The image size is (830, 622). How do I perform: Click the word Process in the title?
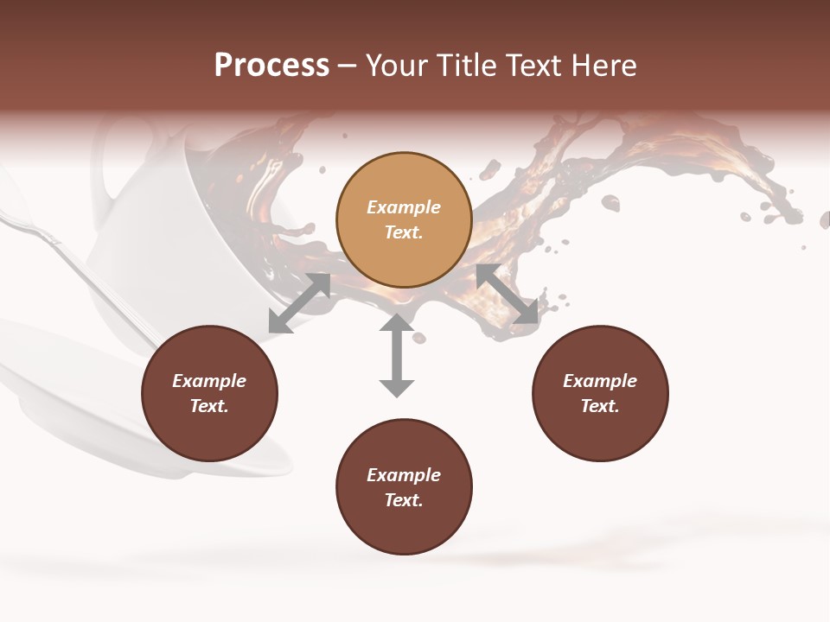click(x=271, y=66)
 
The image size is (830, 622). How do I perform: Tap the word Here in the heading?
click(x=603, y=66)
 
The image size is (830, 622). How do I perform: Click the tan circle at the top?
click(x=404, y=219)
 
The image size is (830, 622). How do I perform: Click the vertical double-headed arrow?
click(x=397, y=355)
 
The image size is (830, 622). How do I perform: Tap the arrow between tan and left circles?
click(x=299, y=303)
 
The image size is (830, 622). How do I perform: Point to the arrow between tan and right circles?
click(x=507, y=294)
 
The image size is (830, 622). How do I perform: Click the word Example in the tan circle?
click(x=404, y=207)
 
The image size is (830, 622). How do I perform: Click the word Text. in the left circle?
click(x=209, y=406)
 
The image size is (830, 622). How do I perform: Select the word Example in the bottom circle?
click(x=404, y=475)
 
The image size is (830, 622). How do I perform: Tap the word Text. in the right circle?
click(x=600, y=406)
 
